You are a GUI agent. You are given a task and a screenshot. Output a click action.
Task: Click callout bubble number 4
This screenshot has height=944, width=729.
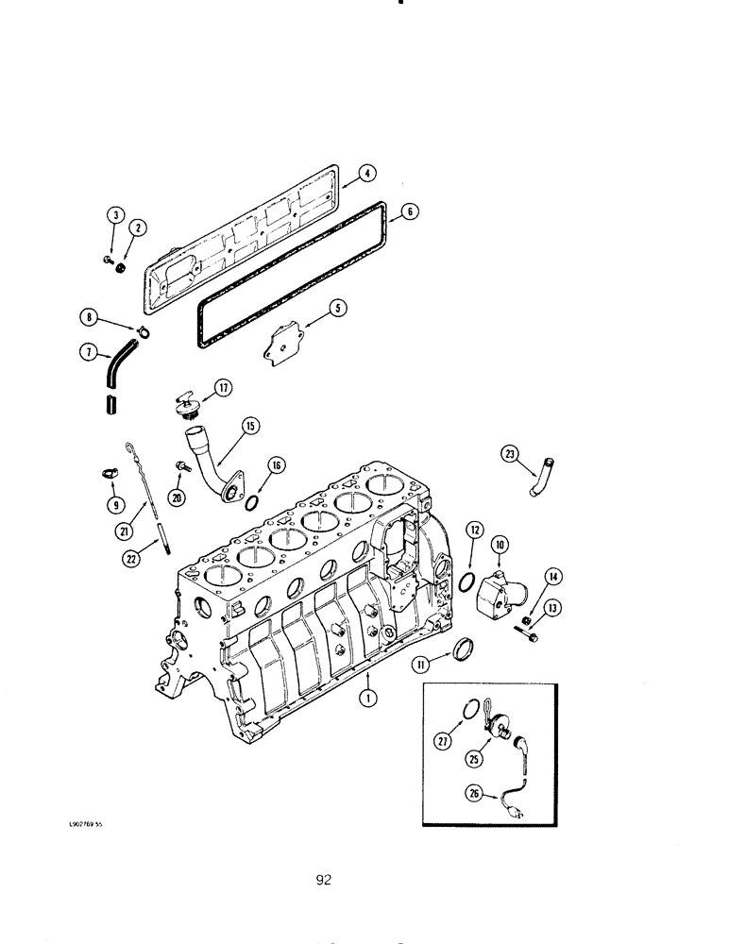(367, 173)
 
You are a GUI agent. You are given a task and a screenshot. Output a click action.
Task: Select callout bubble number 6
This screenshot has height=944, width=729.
(409, 211)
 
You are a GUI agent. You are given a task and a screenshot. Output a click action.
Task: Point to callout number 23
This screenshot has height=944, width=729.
(511, 455)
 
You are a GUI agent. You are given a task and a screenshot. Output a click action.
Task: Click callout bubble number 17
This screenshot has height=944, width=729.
(223, 387)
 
